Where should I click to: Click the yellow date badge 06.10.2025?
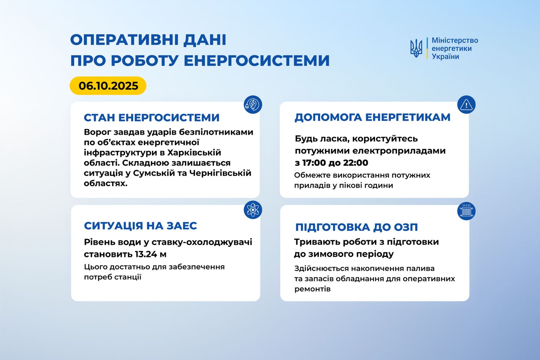[108, 86]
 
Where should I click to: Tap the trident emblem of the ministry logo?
[416, 48]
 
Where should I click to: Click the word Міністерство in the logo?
[455, 40]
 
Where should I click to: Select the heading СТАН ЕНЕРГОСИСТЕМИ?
[152, 117]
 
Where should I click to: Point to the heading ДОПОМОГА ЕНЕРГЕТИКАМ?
[372, 117]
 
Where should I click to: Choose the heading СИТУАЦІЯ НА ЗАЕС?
[140, 226]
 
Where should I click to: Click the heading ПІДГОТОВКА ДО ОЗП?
[356, 227]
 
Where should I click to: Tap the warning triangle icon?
[466, 105]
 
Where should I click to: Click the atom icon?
[253, 210]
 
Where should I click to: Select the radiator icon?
[466, 211]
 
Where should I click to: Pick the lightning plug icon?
[253, 105]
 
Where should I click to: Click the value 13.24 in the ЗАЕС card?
[146, 254]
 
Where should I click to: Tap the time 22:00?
[355, 163]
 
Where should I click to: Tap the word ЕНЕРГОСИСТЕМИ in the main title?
[256, 61]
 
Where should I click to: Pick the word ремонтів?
[312, 289]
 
